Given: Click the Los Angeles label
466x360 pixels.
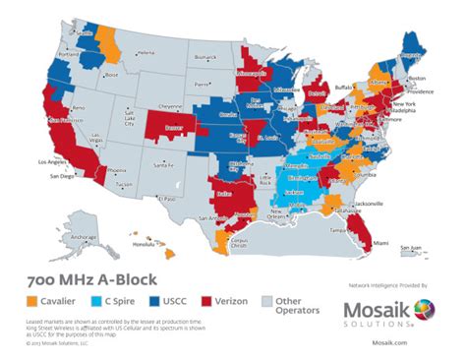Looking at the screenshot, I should [x=51, y=160].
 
